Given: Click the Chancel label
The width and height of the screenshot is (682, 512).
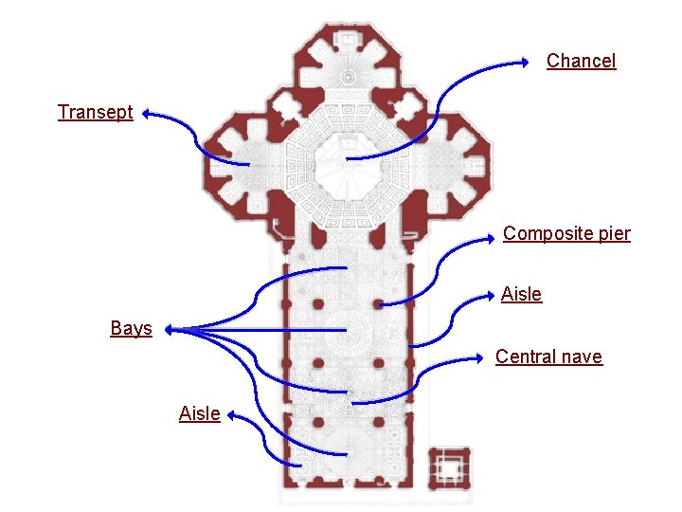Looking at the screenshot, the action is point(581,61).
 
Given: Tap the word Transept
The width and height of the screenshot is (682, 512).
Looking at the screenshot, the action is point(95,112).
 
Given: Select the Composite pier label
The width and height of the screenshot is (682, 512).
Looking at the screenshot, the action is point(566,233).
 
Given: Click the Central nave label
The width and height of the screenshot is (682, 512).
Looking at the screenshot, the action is point(548,357).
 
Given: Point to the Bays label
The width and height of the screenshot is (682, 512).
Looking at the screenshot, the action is point(131,328).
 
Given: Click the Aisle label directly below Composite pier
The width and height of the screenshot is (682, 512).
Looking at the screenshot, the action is point(521,294).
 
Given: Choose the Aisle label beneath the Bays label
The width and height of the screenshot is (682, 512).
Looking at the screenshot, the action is point(199,413).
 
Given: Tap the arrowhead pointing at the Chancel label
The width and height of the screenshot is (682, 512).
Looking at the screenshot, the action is point(527,63).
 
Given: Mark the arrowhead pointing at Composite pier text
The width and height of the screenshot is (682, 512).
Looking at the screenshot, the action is point(496,237).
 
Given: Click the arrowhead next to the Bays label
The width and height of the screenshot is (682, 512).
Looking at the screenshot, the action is point(167,330).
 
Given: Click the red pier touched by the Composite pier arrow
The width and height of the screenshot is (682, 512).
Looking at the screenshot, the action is point(378,304).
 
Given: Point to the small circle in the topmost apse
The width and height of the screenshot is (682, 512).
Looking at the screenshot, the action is point(348,76).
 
